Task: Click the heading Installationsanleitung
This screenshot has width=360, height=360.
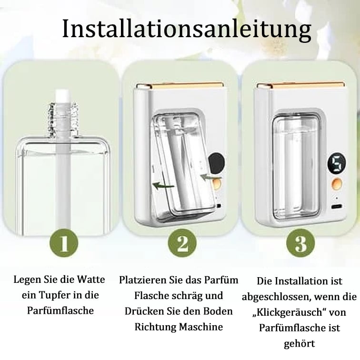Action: click(x=187, y=29)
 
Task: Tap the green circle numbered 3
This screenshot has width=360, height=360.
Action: click(x=300, y=243)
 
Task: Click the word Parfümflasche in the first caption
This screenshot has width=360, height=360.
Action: click(x=60, y=311)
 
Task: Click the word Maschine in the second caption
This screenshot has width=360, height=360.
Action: click(x=206, y=327)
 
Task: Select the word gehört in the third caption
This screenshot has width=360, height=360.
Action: click(x=300, y=343)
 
